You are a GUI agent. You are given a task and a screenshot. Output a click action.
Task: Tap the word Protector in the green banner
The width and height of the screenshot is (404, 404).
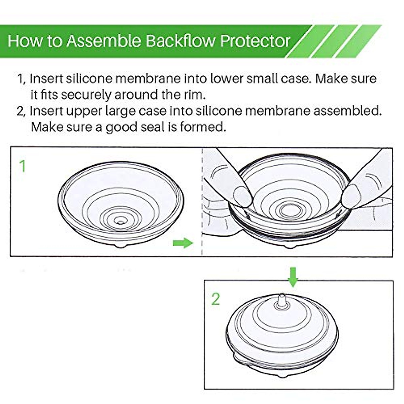(x=255, y=41)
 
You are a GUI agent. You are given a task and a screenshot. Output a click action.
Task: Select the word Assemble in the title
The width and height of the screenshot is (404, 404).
(x=104, y=41)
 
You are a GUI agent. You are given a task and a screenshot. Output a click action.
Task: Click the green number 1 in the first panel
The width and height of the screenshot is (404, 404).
(x=23, y=166)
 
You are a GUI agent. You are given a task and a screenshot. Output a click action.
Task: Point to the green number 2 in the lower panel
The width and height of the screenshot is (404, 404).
(x=215, y=299)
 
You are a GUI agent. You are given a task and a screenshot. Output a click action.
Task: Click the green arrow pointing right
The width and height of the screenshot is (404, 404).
(x=183, y=243)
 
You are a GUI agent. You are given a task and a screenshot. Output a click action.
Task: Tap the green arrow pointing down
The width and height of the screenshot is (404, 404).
(x=293, y=277)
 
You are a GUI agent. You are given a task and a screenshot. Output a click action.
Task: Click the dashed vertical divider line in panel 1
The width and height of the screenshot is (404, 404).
(x=202, y=202)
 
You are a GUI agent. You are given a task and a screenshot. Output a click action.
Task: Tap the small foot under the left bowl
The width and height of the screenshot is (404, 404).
(x=121, y=246)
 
